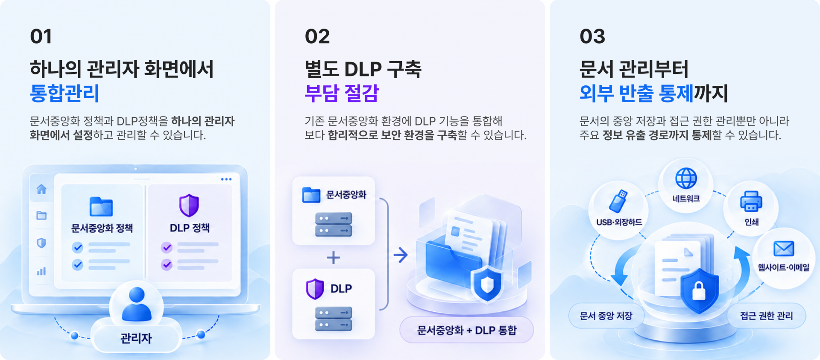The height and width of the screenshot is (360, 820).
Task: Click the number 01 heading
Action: pos(41,36)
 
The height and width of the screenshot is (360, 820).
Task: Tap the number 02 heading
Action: pos(317,36)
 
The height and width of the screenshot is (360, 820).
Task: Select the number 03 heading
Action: pos(592,36)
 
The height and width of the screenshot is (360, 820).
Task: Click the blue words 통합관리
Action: pos(64,93)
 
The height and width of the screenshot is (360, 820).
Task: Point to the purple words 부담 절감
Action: pos(342,93)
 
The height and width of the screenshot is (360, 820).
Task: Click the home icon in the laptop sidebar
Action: pos(41,189)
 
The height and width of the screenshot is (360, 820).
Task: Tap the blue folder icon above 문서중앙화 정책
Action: pos(101,207)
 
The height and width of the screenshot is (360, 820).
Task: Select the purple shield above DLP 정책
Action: pos(189,205)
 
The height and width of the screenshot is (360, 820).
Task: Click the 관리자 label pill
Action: pos(136,338)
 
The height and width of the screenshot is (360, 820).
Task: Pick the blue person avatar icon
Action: pos(137,304)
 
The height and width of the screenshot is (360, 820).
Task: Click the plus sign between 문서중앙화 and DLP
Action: pos(333,258)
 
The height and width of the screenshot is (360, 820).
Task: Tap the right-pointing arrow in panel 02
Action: pos(401,255)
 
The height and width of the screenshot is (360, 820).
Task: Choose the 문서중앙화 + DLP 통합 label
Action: pos(467,330)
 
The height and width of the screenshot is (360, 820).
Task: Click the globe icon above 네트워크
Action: pos(686,178)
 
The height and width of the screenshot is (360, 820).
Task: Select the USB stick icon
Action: pos(618,201)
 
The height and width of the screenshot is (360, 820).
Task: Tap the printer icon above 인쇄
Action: pos(751,201)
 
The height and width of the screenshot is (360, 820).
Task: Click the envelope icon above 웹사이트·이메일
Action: pos(784,248)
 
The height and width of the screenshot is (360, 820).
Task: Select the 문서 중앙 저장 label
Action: pos(606,316)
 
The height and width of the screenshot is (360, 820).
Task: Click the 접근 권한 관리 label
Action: pos(766,316)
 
